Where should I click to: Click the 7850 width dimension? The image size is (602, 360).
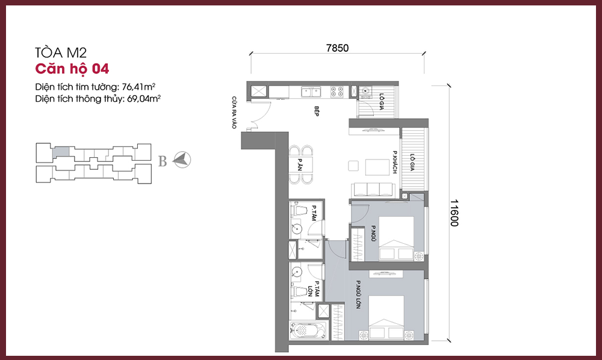337,48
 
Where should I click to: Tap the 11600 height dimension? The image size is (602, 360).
454,213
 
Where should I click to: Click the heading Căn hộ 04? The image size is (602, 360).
72,69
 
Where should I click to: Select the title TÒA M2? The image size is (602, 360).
61,52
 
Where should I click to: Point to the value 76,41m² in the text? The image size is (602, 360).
138,87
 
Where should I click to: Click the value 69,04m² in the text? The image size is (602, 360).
144,99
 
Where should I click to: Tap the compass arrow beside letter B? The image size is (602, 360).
182,160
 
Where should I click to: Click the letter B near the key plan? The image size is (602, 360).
163,161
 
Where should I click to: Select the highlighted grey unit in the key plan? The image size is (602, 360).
61,151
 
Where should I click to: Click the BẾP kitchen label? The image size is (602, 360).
317,111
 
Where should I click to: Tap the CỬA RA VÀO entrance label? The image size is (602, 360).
234,113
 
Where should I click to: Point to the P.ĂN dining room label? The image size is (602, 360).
300,164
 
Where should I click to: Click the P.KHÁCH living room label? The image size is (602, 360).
395,162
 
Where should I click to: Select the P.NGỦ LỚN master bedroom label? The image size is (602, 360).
358,295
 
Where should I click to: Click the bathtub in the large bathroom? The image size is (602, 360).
309,331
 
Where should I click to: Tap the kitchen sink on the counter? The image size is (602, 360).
311,92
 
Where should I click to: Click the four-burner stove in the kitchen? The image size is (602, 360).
337,92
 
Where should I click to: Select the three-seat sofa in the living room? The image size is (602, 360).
373,190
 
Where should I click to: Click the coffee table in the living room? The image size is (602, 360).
377,167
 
